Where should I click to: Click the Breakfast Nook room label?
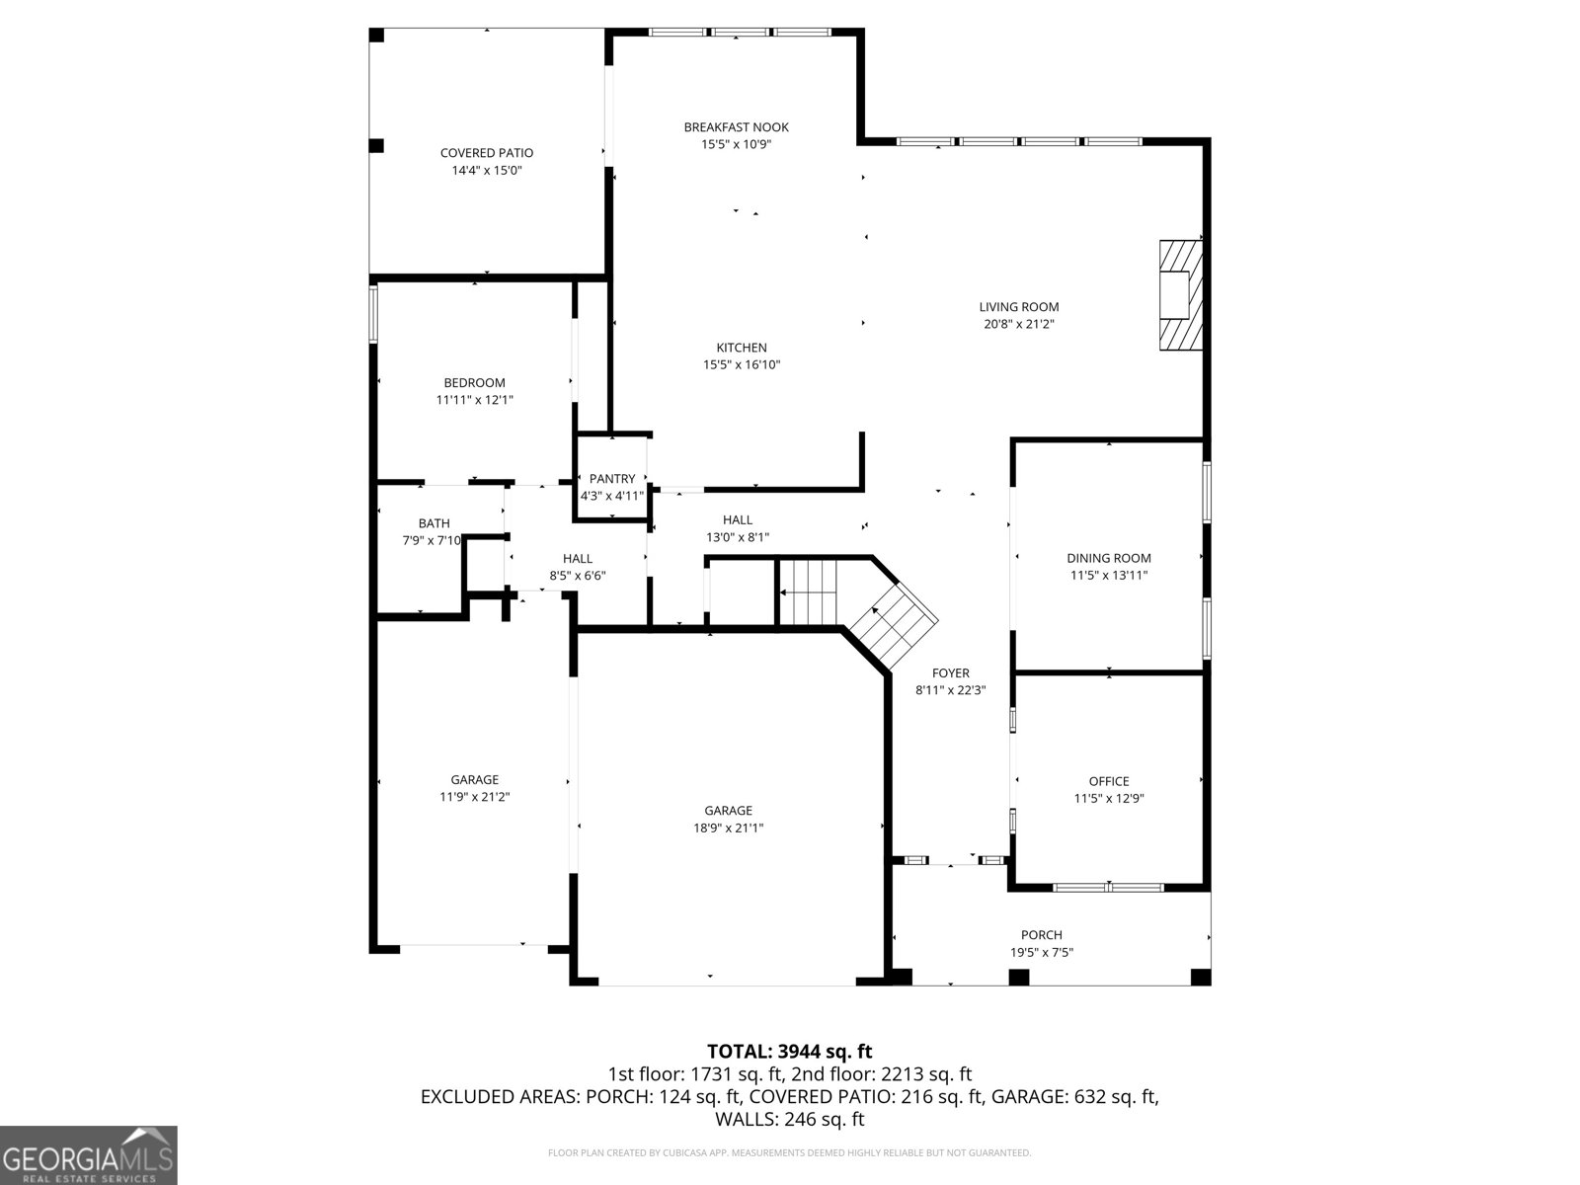tap(736, 127)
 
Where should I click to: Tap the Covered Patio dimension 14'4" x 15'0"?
tap(487, 170)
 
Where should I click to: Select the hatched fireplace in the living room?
tap(1181, 294)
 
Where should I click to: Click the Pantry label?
tap(612, 479)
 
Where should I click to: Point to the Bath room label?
tap(434, 523)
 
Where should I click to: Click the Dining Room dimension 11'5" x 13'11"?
tap(1108, 575)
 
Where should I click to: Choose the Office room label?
tap(1108, 781)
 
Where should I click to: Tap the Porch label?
tap(1041, 935)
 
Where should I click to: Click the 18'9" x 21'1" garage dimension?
tap(728, 828)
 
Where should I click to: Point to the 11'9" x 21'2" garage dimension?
tap(474, 796)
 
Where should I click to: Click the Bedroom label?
tap(474, 383)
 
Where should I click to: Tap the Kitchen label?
tap(741, 348)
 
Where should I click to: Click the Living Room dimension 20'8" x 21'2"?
tap(1018, 324)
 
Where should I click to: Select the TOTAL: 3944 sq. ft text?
tap(789, 1052)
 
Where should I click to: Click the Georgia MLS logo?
tap(88, 1155)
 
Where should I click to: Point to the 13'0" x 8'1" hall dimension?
tap(737, 537)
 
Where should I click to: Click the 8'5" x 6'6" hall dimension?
tap(577, 575)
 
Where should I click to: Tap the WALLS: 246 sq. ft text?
tap(789, 1119)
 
